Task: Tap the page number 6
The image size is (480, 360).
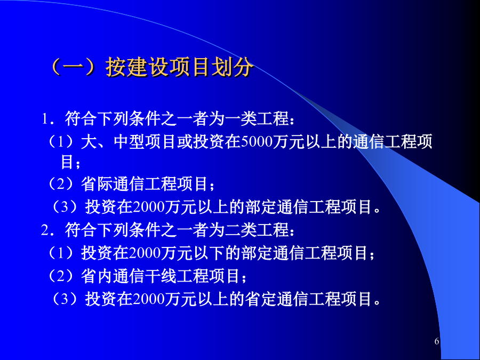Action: click(x=436, y=341)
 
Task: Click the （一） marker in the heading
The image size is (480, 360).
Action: click(x=76, y=67)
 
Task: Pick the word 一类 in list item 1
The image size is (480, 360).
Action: click(x=240, y=119)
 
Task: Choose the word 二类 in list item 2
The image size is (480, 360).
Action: click(x=240, y=230)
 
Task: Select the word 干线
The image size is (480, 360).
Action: click(x=161, y=276)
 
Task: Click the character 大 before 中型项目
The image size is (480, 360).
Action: click(x=89, y=142)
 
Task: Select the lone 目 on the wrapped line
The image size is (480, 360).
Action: click(x=67, y=162)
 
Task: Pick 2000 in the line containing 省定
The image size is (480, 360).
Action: click(x=149, y=299)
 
